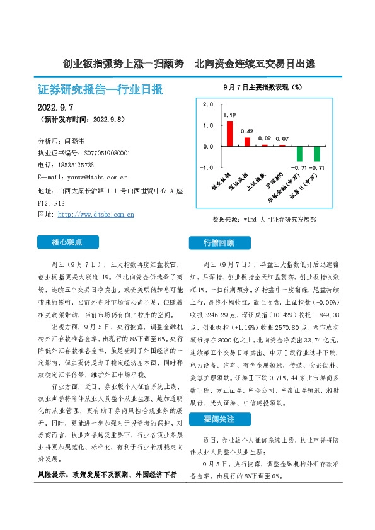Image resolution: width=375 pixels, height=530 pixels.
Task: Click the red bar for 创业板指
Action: (x=229, y=133)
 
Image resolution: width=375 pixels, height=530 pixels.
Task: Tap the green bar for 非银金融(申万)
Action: (x=300, y=154)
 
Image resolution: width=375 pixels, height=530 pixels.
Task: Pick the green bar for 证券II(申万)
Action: (x=317, y=154)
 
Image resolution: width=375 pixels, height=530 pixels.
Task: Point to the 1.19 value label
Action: (x=229, y=116)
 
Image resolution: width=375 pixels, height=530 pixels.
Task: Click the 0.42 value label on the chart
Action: (x=247, y=132)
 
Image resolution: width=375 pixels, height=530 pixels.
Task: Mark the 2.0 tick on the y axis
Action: (x=208, y=104)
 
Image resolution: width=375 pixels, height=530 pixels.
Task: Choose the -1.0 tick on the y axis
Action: (x=207, y=167)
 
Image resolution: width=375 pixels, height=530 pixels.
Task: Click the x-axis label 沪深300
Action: (x=275, y=179)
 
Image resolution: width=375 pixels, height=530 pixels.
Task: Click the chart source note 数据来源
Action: (x=265, y=220)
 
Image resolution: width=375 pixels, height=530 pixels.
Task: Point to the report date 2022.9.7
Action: (x=55, y=108)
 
